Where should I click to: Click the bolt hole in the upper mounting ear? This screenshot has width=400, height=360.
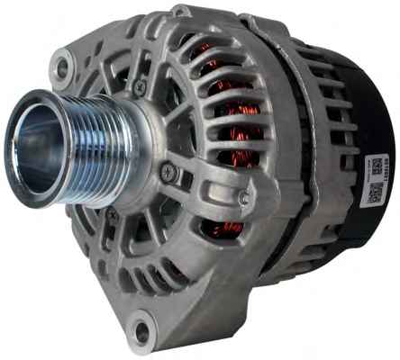[62, 66]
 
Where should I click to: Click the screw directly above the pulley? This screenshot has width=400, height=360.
[140, 86]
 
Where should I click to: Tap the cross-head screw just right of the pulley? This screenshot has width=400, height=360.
[167, 172]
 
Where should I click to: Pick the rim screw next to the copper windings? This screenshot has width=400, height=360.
[243, 197]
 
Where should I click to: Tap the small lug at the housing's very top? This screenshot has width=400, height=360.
[182, 11]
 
